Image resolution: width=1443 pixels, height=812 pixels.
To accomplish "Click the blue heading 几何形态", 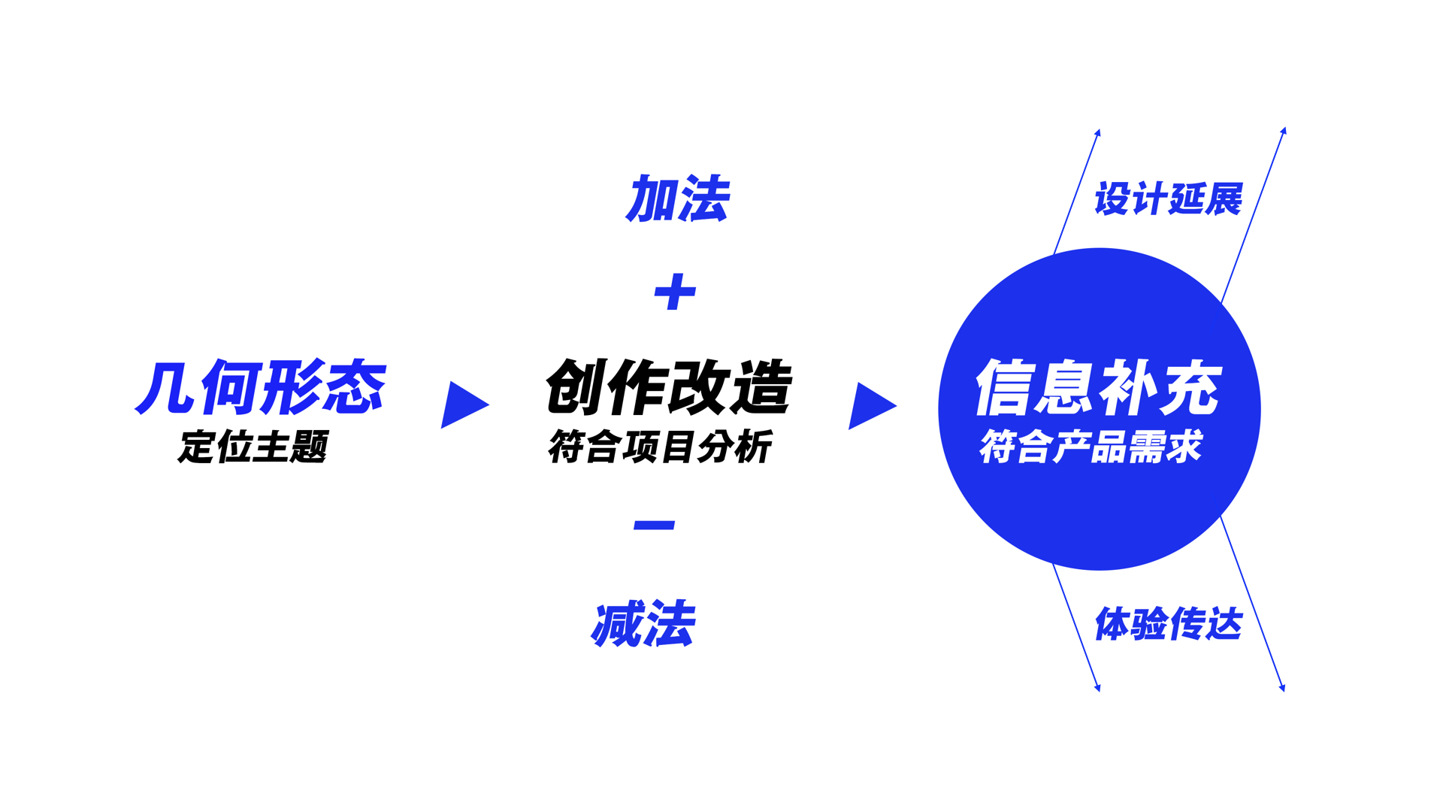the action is (x=260, y=387).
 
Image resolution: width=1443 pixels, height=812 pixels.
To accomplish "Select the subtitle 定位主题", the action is (x=253, y=447).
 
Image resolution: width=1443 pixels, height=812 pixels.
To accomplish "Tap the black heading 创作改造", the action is (x=668, y=387).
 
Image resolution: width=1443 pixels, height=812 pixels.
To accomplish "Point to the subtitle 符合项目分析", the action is (x=660, y=447).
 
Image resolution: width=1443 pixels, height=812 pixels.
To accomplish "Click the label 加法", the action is (x=677, y=199).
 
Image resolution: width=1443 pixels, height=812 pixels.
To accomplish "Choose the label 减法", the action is (x=643, y=624).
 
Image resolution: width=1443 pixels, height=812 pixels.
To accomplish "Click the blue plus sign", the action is (x=675, y=292).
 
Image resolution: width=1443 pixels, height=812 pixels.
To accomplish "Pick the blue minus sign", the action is (x=654, y=525).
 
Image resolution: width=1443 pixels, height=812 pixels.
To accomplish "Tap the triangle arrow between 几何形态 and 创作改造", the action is (x=463, y=404).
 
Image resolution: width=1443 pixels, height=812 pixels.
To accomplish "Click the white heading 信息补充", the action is (x=1099, y=387).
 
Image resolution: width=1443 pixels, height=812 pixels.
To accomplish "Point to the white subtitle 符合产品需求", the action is (x=1091, y=447).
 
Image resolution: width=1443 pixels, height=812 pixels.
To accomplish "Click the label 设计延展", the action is (x=1168, y=199).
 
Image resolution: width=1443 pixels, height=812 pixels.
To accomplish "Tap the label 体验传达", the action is (x=1168, y=624).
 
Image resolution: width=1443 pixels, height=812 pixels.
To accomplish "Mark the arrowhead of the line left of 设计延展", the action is (x=1098, y=132).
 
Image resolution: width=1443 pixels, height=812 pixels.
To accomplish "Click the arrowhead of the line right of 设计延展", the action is (x=1284, y=131).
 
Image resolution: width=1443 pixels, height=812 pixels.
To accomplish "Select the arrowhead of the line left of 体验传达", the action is (x=1098, y=687).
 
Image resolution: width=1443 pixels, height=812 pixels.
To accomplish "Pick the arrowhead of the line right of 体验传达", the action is (x=1282, y=687).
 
